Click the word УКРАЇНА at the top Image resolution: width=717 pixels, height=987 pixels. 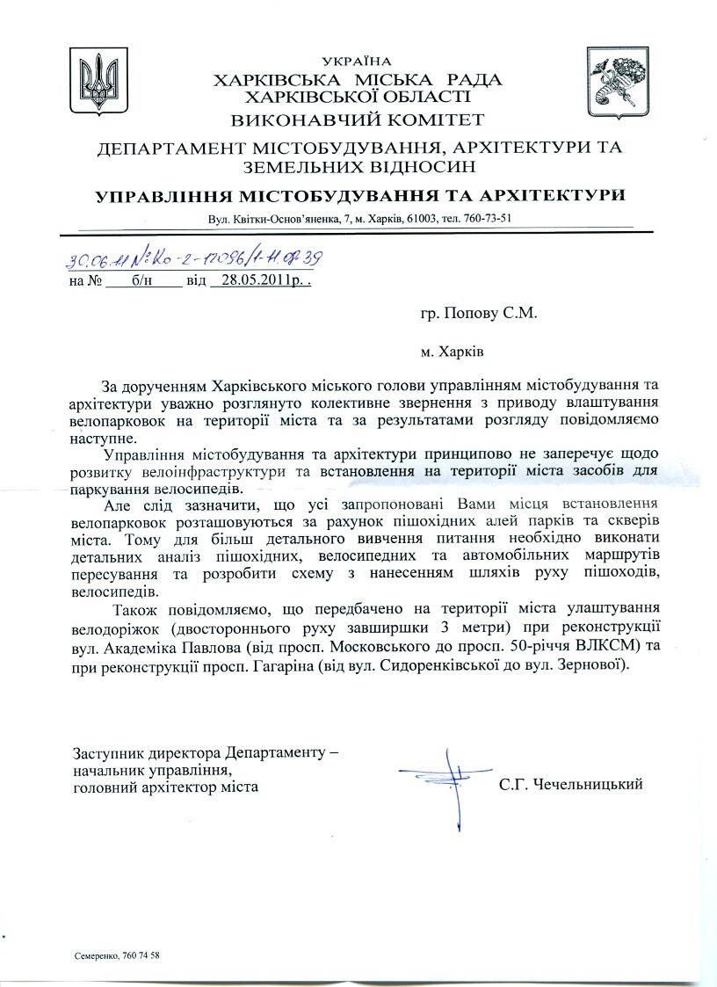pos(357,62)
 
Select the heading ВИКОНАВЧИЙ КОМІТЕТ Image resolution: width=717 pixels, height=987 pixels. pos(358,120)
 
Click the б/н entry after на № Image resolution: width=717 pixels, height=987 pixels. pos(142,282)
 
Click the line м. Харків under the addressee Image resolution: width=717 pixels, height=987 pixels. pos(452,351)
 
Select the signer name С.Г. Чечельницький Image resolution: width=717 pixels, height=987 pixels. pos(570,783)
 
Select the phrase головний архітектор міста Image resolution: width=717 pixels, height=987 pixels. pos(166,787)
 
